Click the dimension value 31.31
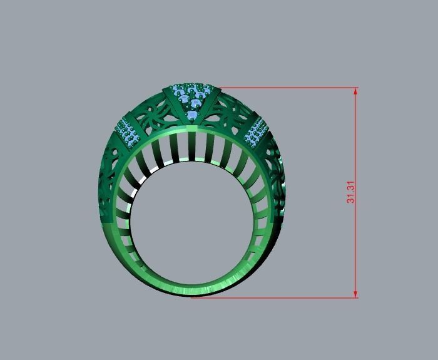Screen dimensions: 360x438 tap(351, 192)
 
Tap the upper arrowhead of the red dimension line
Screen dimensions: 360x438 tap(355, 91)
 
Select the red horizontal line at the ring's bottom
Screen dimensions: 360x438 tap(275, 297)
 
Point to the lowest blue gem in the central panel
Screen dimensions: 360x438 tap(192, 116)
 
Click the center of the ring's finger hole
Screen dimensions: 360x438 tap(191, 222)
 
